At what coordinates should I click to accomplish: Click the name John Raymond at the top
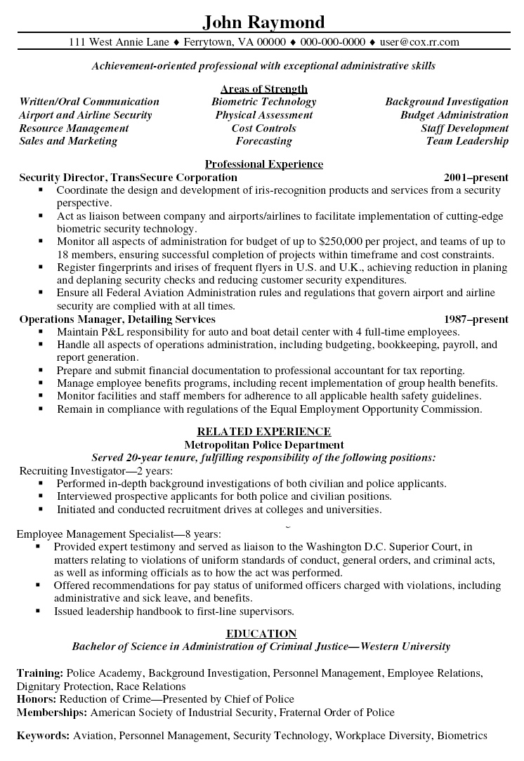coord(263,22)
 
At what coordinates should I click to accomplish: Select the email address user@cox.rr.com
coord(419,42)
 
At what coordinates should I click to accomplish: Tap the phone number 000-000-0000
coord(333,42)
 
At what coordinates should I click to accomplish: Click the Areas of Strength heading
coord(264,88)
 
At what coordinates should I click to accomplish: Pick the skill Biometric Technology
coord(264,102)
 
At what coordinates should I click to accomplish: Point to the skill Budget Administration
coord(454,115)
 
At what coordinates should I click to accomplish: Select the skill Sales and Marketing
coord(68,141)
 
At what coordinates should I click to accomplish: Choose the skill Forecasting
coord(264,141)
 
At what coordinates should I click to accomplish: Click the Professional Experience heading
coord(264,164)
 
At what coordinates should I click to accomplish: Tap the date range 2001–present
coord(476,178)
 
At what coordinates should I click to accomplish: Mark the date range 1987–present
coord(476,319)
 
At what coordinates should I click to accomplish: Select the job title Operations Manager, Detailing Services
coord(117,319)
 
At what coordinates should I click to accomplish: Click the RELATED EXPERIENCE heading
coord(264,431)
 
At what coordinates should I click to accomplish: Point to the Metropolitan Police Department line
coord(264,444)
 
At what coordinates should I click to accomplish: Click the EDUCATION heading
coord(264,633)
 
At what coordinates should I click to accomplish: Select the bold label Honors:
coord(37,699)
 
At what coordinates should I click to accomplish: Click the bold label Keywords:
coord(43,736)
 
